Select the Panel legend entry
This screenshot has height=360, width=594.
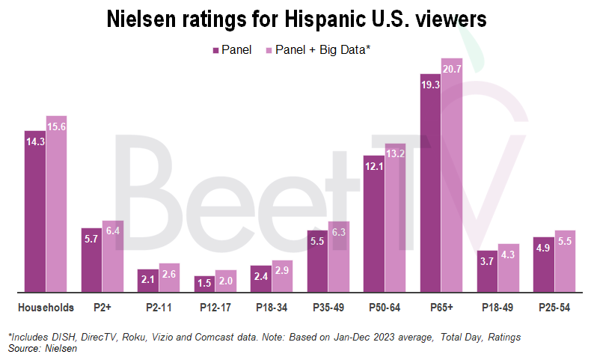click(231, 49)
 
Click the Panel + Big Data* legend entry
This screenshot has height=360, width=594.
click(318, 49)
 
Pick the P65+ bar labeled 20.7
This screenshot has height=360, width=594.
click(452, 175)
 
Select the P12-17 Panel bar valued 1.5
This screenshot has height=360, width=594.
click(204, 284)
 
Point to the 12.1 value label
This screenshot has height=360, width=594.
click(374, 167)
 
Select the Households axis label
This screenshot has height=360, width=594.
click(46, 307)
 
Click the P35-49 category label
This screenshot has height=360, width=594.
click(328, 307)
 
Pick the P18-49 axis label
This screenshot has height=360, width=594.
click(498, 307)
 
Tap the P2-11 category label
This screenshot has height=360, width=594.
click(159, 307)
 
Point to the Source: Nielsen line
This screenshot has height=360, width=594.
click(34, 349)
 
